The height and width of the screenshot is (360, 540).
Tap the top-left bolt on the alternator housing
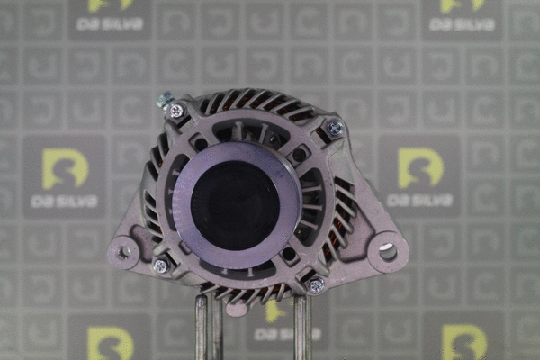(x=176, y=111)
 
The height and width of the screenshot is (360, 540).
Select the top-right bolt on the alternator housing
(x=335, y=130)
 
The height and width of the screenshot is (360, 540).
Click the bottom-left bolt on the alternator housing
(x=160, y=265)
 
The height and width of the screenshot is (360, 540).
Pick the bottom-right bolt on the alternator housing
(x=316, y=285)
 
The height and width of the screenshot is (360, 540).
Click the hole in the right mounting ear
(x=387, y=251)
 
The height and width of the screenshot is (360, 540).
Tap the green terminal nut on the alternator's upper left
(x=165, y=99)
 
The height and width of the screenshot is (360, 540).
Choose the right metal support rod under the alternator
(x=302, y=328)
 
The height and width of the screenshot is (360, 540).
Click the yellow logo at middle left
(x=65, y=168)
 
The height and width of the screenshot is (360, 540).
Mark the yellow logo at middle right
(x=420, y=167)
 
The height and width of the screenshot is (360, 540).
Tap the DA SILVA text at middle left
(x=64, y=202)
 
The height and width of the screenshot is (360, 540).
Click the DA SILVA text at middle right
(x=420, y=202)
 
